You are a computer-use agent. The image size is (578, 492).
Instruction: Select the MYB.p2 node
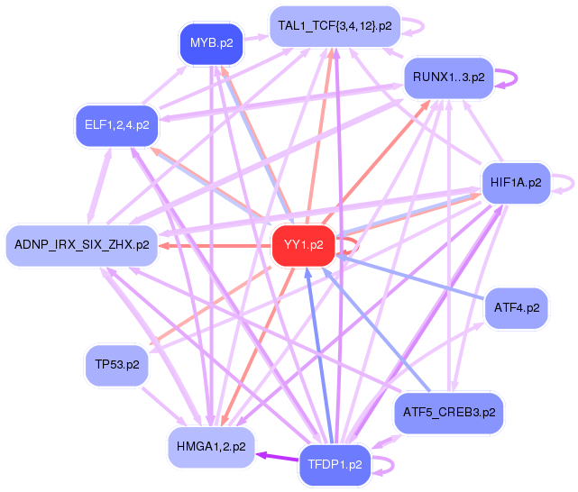coord(212,42)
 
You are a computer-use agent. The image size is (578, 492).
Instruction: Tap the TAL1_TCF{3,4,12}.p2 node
coord(335,26)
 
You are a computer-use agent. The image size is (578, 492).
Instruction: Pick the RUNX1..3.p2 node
coord(448,77)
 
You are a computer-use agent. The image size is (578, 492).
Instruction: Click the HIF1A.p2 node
coord(516,183)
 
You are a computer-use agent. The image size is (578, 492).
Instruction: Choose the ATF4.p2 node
coord(517,308)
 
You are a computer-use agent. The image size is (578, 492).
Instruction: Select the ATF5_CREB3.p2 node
coord(449,413)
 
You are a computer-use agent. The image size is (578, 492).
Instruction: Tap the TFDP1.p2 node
coord(335,465)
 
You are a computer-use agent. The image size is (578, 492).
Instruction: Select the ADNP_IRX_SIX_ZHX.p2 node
coord(81,245)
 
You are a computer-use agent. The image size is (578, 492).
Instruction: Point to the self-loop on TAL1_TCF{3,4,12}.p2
coord(413,26)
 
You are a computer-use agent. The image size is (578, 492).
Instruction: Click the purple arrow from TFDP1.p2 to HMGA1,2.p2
coord(276,458)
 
